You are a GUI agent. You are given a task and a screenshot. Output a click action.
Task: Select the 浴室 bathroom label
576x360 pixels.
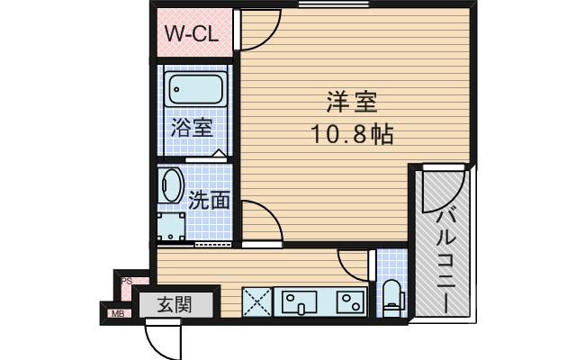tap(191, 126)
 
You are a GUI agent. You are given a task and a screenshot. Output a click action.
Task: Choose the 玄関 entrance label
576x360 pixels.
tap(175, 304)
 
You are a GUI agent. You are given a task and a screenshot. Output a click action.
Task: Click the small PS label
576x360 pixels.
tap(127, 281)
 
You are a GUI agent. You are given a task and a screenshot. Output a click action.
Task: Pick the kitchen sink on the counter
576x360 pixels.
tap(298, 301)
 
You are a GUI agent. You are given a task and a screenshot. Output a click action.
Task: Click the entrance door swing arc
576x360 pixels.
tap(162, 340)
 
